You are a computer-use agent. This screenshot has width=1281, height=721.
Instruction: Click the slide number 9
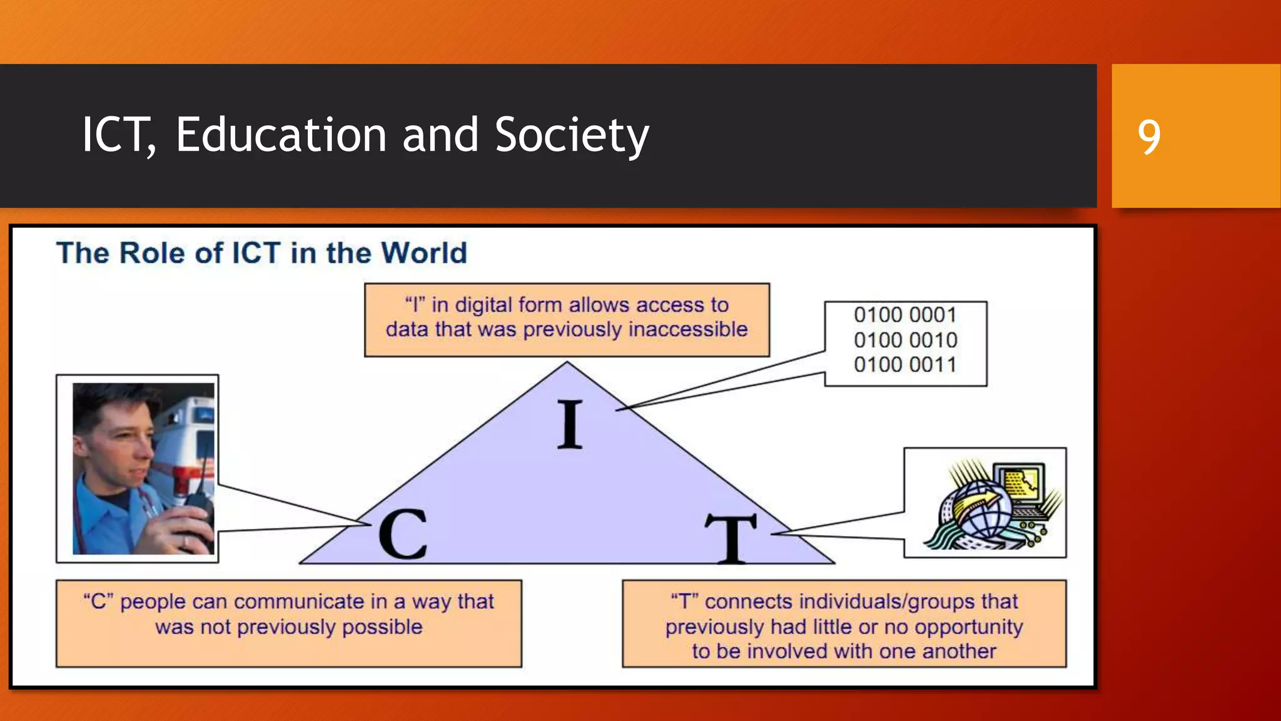tap(1149, 136)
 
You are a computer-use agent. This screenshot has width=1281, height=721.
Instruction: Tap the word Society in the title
tap(572, 136)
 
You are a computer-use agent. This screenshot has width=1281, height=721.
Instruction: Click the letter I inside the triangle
tap(569, 425)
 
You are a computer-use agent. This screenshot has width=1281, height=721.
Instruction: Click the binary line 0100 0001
tap(905, 315)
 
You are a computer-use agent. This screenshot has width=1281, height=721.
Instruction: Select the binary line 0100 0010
tap(905, 340)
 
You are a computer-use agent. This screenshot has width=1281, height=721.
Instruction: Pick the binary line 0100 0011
tap(905, 364)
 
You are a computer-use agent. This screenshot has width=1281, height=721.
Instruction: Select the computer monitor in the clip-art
tap(1021, 482)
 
